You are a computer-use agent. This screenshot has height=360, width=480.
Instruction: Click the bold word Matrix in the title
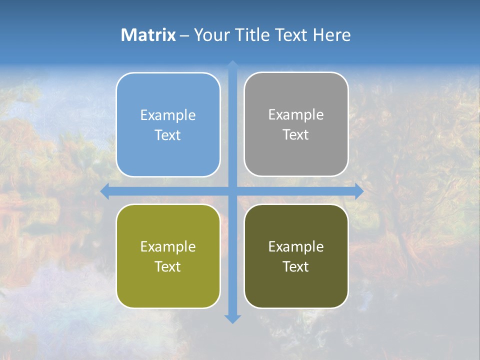148,35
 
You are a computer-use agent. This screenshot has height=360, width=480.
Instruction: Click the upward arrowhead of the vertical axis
232,64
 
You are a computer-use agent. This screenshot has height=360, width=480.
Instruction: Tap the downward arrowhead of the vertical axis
232,319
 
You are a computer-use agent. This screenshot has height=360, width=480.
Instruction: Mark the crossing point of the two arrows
232,191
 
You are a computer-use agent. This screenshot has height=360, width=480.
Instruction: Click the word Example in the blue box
168,115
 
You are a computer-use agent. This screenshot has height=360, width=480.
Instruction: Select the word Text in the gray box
296,135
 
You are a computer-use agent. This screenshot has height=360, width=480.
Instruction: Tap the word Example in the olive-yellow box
168,247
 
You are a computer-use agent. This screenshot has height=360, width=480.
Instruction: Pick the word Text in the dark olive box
296,267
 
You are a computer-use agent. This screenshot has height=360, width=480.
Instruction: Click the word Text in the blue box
168,135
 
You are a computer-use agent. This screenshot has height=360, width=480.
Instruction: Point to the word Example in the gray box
296,115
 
